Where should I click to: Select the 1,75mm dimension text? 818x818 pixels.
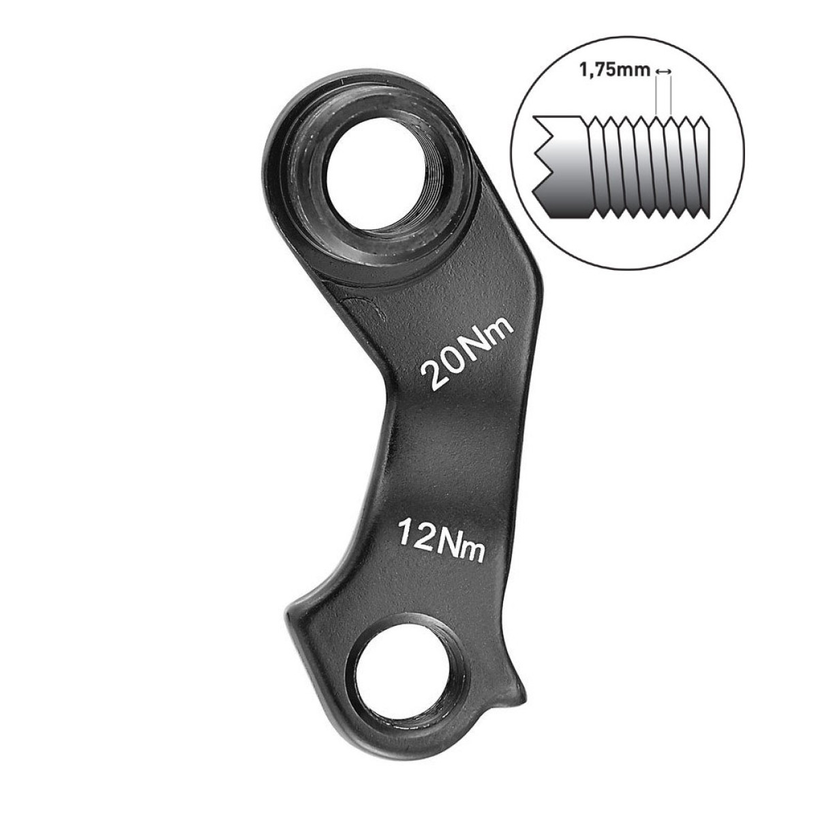click(615, 71)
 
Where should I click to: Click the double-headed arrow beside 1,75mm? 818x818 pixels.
click(663, 72)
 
